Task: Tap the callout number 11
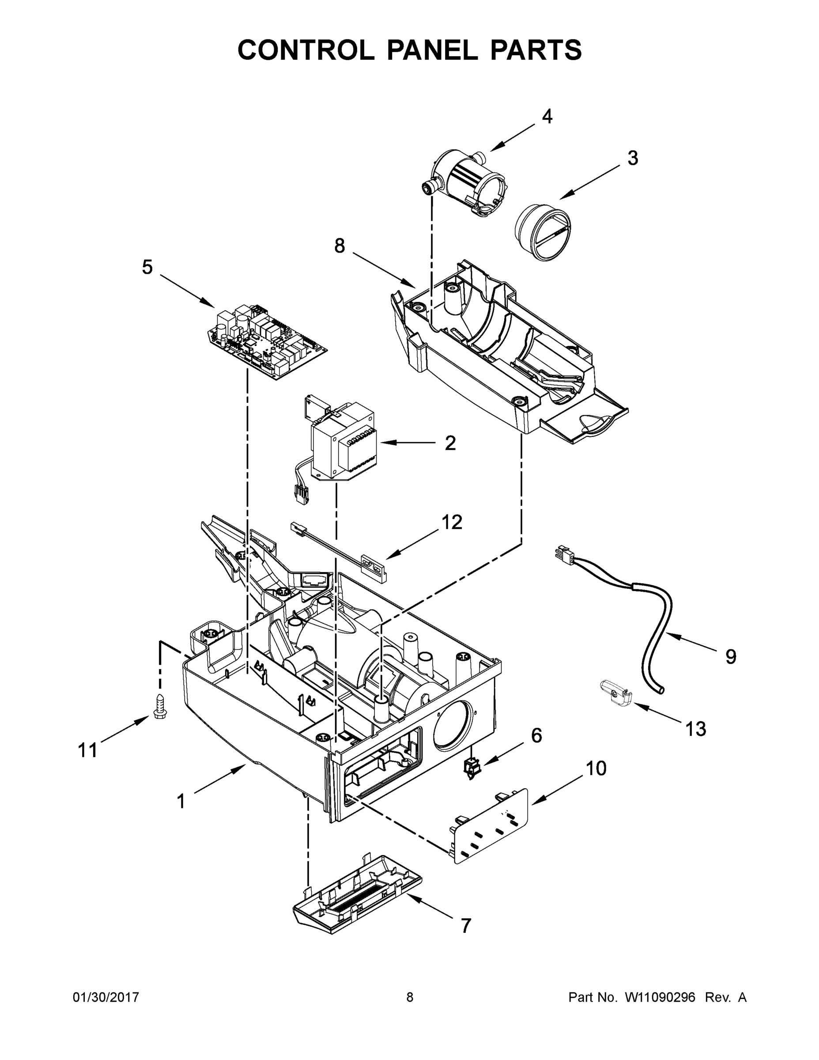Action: (x=88, y=750)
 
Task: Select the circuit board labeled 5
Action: (x=267, y=342)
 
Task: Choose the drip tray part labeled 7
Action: (x=358, y=901)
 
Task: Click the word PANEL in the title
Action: (x=432, y=49)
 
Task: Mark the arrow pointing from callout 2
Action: (x=408, y=443)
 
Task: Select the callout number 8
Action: (x=339, y=246)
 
